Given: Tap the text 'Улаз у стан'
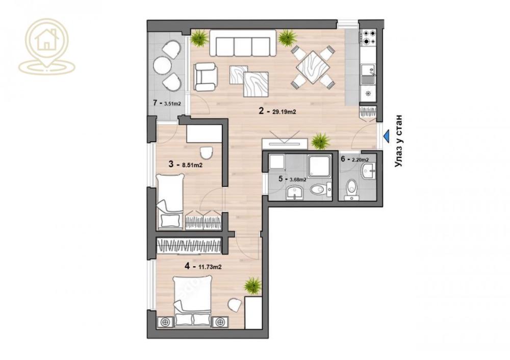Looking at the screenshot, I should pyautogui.click(x=398, y=141).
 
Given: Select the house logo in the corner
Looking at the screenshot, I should pyautogui.click(x=46, y=46).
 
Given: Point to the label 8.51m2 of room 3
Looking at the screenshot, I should pyautogui.click(x=192, y=165).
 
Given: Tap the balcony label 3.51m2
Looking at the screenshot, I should pyautogui.click(x=172, y=103).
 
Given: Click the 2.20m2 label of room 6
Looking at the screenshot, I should pyautogui.click(x=360, y=159).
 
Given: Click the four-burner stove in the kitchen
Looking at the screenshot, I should pyautogui.click(x=368, y=37).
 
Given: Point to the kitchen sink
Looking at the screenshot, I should pyautogui.click(x=367, y=73).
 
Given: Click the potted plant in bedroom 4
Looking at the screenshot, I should pyautogui.click(x=252, y=286).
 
